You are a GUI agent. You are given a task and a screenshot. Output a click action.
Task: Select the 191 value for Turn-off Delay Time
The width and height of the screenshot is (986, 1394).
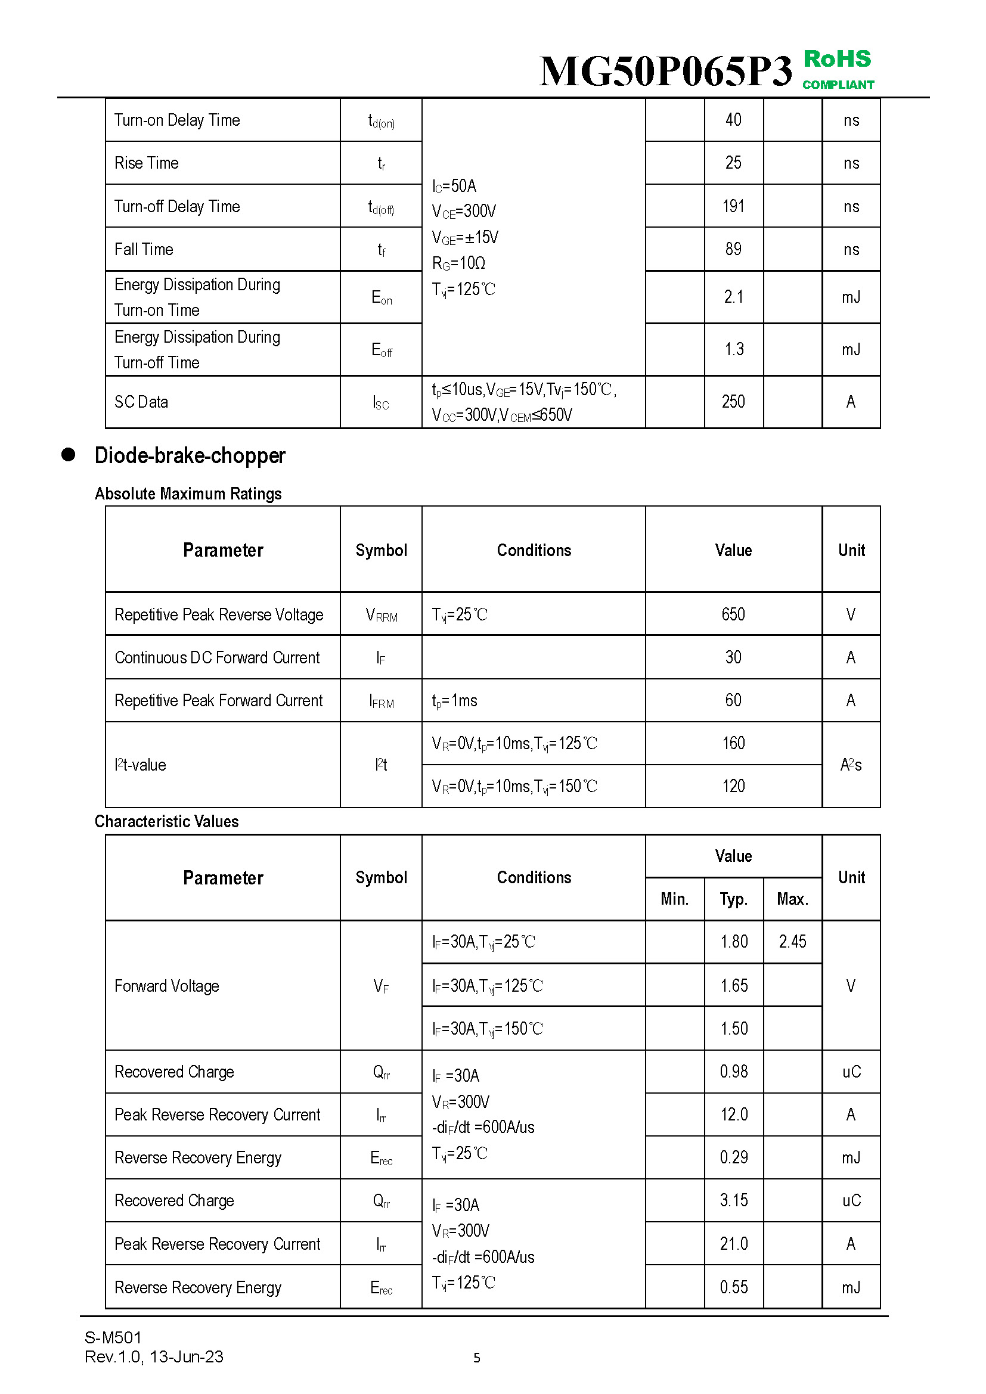(x=733, y=206)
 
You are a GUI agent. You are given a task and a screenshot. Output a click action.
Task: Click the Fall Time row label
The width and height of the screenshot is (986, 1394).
(x=144, y=250)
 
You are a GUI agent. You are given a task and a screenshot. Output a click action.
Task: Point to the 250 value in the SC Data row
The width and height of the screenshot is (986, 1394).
(x=733, y=402)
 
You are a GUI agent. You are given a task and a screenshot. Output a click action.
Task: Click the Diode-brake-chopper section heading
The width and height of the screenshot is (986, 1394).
(x=190, y=456)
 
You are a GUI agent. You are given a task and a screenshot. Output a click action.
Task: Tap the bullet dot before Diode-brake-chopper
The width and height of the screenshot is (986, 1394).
(x=68, y=455)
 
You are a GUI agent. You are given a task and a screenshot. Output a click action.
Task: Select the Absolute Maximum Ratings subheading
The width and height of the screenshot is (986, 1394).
(x=188, y=493)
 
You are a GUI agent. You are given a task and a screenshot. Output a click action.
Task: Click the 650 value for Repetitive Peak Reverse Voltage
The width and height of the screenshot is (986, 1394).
(x=733, y=614)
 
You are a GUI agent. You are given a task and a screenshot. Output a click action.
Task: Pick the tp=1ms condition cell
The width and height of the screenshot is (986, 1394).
(x=455, y=701)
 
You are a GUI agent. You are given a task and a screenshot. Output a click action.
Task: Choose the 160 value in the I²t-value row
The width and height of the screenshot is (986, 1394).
(x=733, y=743)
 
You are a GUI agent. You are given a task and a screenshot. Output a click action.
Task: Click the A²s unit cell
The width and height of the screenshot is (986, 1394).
(x=851, y=765)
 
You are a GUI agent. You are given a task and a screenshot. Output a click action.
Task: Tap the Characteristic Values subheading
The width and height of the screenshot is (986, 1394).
(x=167, y=821)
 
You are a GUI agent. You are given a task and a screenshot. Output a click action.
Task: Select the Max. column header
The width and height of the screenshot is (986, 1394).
(x=792, y=899)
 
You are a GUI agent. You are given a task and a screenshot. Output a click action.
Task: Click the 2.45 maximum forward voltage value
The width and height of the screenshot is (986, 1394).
(x=792, y=942)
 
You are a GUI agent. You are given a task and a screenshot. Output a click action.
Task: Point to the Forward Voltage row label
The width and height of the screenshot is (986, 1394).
(x=167, y=986)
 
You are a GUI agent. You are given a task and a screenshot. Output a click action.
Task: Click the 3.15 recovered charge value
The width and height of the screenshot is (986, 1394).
(x=733, y=1200)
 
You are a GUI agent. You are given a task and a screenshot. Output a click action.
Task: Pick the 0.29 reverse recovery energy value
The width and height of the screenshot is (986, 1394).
(x=733, y=1157)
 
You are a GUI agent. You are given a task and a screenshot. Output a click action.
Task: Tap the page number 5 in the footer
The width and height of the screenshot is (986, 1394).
(x=477, y=1358)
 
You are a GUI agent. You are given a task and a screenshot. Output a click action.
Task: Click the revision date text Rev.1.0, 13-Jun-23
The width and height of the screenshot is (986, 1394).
(x=154, y=1357)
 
